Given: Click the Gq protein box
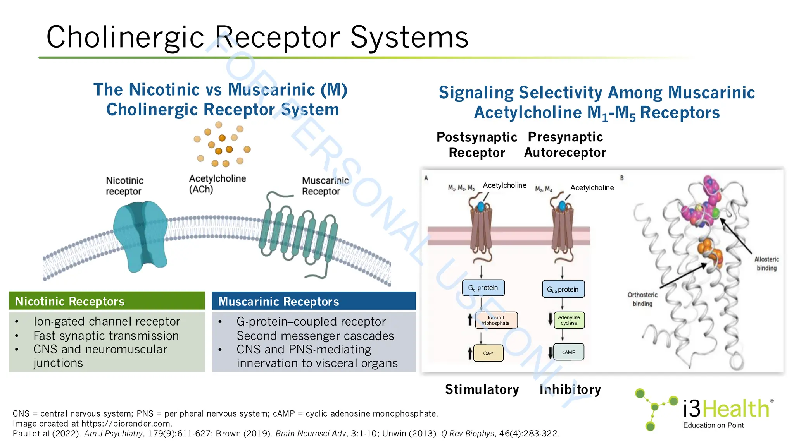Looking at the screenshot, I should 483,288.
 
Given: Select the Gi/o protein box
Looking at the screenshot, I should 563,289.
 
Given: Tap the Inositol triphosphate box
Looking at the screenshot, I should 496,320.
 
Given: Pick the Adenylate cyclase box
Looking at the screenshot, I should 569,320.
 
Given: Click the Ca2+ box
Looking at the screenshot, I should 488,353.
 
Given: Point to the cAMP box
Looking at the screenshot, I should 569,352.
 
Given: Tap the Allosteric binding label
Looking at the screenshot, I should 766,264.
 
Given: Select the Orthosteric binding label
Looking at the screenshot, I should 642,299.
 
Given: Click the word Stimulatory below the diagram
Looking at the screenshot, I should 482,389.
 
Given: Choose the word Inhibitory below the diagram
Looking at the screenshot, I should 570,389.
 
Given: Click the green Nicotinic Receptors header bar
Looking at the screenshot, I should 107,301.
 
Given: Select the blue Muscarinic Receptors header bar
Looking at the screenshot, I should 314,301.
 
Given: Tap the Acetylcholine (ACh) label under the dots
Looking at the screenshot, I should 217,184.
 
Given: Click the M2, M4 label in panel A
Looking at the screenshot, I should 544,189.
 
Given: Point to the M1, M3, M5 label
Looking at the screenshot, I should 461,188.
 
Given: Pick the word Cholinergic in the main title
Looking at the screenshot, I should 125,37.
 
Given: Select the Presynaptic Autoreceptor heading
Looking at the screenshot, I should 565,145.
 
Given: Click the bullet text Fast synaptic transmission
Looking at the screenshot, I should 106,335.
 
